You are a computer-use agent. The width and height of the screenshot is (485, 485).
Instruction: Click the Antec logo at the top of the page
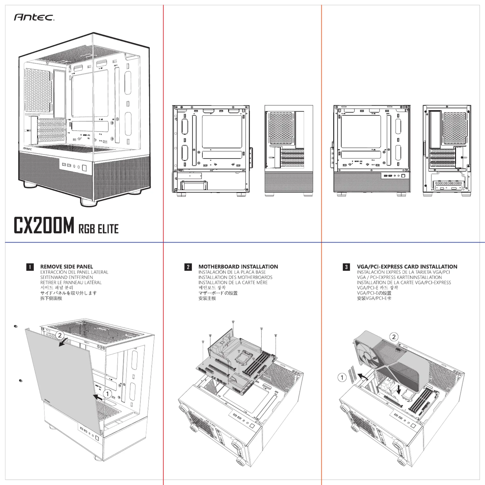click(34, 17)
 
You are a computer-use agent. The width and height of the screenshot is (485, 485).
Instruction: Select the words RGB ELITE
click(98, 229)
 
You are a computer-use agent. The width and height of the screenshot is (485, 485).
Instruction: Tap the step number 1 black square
click(30, 267)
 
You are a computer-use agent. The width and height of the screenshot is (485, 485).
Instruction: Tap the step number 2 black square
click(188, 267)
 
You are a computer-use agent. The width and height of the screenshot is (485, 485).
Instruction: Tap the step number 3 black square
click(346, 267)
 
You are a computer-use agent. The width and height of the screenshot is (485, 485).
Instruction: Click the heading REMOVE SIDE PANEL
click(66, 267)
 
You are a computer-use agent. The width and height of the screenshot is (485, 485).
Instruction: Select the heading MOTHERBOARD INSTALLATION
click(238, 267)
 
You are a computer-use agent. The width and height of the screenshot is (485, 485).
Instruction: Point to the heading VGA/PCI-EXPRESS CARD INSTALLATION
click(407, 267)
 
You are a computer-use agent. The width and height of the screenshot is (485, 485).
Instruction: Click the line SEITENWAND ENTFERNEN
click(66, 277)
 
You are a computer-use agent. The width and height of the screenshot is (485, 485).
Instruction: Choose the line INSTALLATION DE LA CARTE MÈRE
click(233, 283)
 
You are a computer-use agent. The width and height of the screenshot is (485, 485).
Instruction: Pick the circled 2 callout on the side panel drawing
click(60, 335)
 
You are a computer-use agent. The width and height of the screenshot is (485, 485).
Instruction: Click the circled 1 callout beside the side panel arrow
click(107, 394)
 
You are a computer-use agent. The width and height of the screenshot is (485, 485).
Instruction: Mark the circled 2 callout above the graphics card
click(394, 337)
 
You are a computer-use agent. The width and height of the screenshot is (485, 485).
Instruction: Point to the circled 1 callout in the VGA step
click(342, 377)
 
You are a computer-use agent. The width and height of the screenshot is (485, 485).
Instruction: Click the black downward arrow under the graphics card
click(399, 390)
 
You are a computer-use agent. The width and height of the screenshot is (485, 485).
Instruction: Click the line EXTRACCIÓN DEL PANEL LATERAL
click(74, 272)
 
